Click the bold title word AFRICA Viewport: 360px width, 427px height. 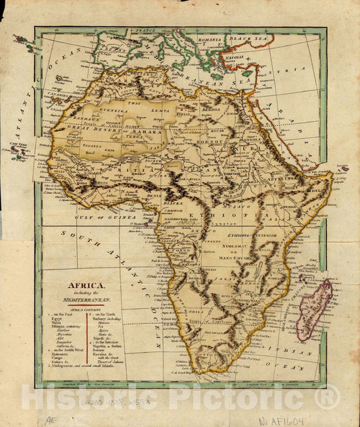[82, 286]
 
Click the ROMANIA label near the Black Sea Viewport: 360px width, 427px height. [211, 41]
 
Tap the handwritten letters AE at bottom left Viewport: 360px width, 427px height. [49, 419]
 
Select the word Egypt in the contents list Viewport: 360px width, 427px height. [57, 318]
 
